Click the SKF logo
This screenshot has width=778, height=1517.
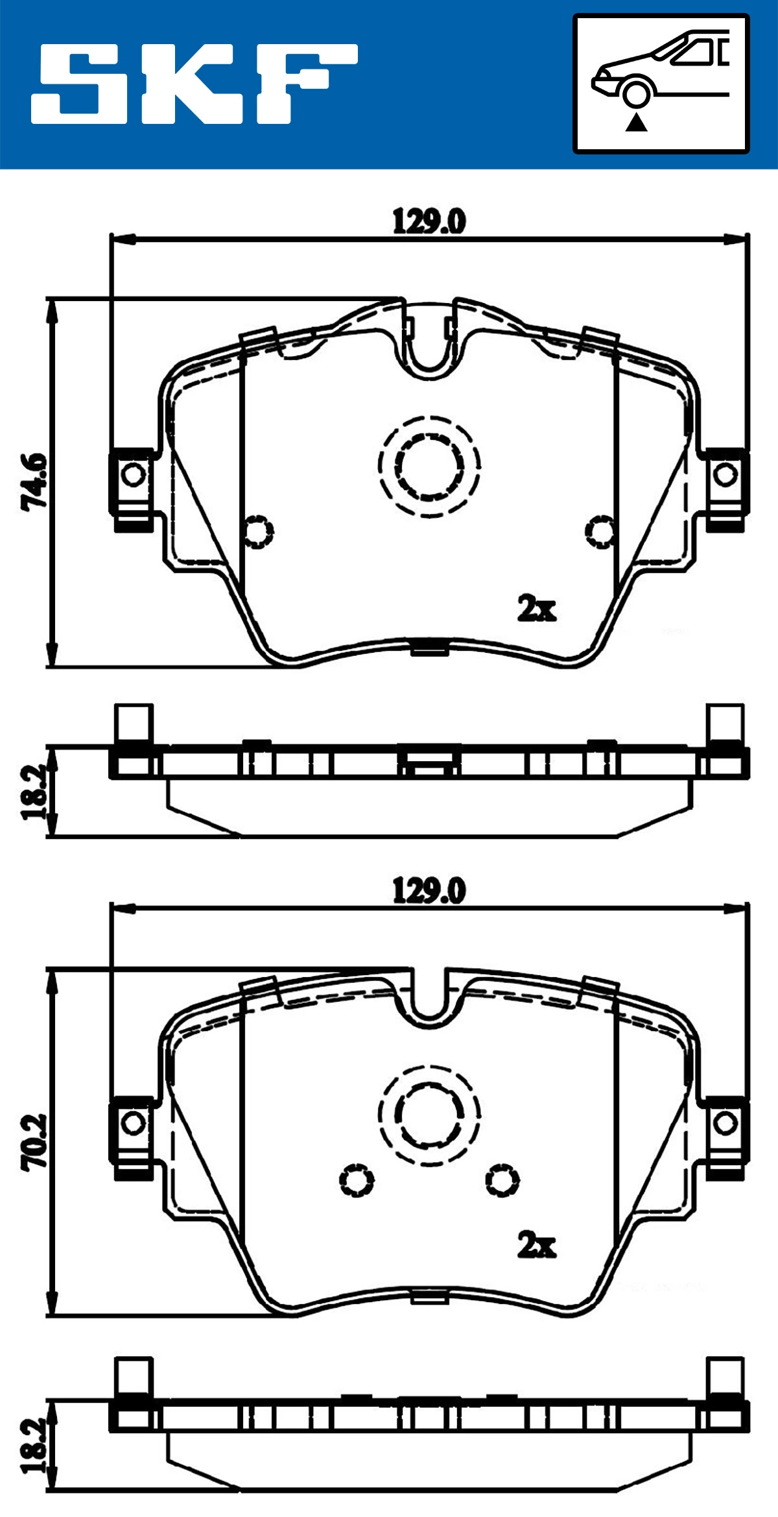[194, 84]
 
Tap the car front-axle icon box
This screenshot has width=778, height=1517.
[661, 84]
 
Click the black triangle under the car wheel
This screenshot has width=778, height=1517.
[636, 122]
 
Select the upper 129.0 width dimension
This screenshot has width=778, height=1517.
[429, 222]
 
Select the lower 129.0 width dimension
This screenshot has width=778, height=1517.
[429, 891]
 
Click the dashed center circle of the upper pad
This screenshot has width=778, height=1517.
[429, 467]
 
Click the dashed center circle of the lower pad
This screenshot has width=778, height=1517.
[429, 1115]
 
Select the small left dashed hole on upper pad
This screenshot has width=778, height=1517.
[258, 531]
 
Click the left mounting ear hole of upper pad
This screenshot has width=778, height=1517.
[134, 475]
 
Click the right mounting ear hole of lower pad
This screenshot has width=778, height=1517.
[725, 1123]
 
